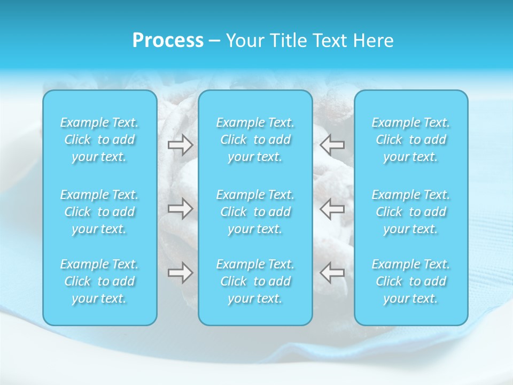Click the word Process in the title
(x=168, y=41)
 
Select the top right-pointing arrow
(x=180, y=145)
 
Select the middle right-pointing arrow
(x=180, y=209)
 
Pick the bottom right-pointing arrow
(x=180, y=273)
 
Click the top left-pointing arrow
(x=332, y=145)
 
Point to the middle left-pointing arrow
(x=332, y=209)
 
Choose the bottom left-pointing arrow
(x=332, y=273)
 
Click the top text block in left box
(x=99, y=140)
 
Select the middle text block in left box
(x=99, y=212)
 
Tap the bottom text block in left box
(x=99, y=281)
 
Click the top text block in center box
(x=255, y=140)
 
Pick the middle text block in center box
(x=255, y=212)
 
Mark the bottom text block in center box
(x=255, y=281)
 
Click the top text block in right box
(x=411, y=140)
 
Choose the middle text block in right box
(x=411, y=212)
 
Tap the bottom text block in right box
(x=411, y=281)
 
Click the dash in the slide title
(x=215, y=41)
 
